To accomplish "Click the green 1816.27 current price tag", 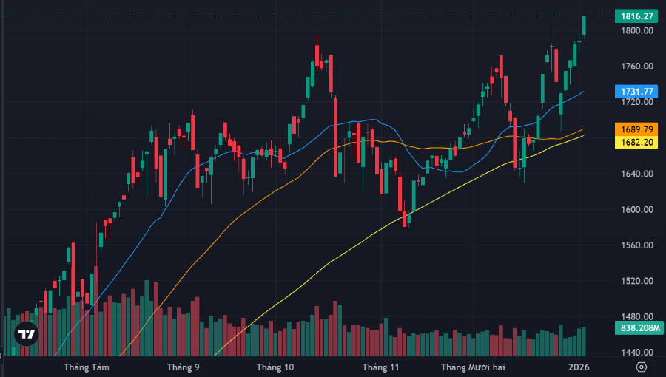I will [x=636, y=16].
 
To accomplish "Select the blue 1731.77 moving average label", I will [x=636, y=92].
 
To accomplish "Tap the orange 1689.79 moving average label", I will [x=636, y=129].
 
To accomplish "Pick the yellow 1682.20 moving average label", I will [x=636, y=142].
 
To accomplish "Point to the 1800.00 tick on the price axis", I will [x=637, y=31].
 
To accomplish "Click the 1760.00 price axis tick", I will [x=637, y=67].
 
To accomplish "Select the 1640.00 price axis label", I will [x=637, y=174].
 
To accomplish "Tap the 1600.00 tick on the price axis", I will [x=637, y=210].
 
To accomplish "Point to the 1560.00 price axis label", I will [x=637, y=245].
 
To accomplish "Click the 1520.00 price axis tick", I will [x=637, y=282].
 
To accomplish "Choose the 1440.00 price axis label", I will [x=637, y=353].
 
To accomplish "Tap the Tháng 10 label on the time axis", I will [x=275, y=367].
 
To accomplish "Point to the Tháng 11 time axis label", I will [x=380, y=367].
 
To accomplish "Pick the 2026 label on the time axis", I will [x=579, y=367].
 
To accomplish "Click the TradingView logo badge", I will [x=27, y=334].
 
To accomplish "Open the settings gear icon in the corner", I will [x=641, y=367].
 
